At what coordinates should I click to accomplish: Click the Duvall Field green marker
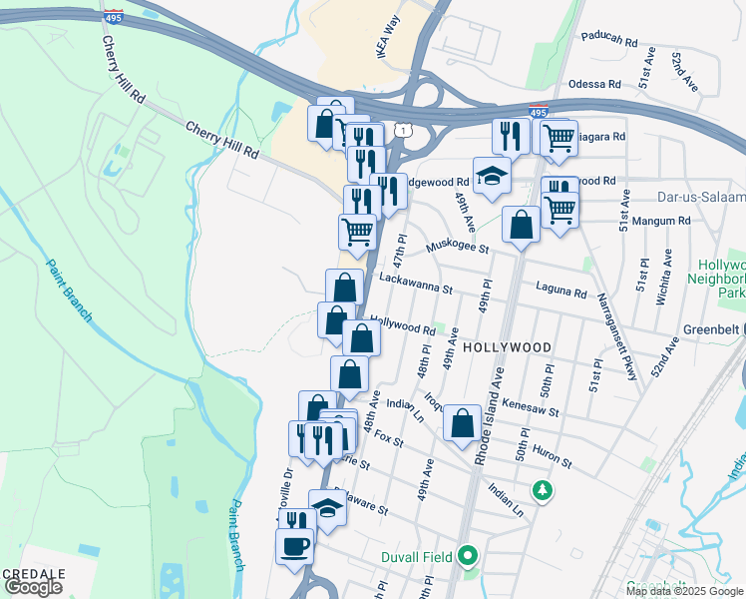[467, 556]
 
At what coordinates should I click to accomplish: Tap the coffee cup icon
[296, 546]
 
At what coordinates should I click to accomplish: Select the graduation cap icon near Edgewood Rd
[492, 176]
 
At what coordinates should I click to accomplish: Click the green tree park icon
[542, 490]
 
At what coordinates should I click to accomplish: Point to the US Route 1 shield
[399, 130]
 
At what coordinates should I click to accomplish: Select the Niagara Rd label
[603, 137]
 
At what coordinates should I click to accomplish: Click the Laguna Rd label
[566, 294]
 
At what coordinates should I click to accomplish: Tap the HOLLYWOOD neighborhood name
[507, 347]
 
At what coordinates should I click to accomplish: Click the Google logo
[33, 587]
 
